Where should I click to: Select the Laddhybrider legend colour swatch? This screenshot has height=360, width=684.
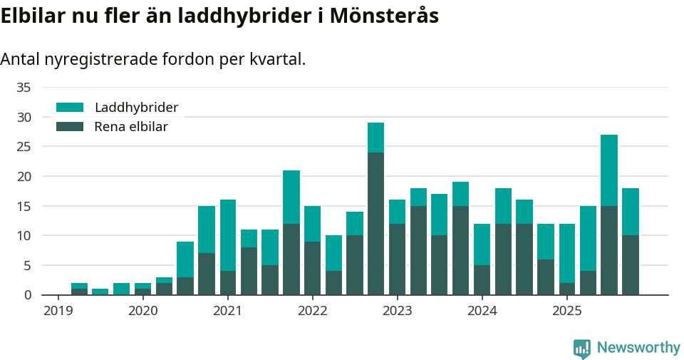tap(70, 108)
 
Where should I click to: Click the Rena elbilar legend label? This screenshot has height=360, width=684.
tap(131, 127)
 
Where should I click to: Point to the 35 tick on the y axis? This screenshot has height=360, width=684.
tap(24, 88)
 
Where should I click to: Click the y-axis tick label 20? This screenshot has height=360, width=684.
tap(24, 176)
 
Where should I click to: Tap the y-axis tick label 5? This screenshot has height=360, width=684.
tap(27, 265)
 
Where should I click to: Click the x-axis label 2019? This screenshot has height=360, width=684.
tap(58, 311)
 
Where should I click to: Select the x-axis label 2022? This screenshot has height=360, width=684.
tap(312, 311)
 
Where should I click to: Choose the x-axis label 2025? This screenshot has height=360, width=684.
tap(566, 311)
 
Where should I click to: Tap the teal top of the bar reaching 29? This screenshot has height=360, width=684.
tap(375, 138)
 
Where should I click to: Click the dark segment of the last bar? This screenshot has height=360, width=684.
tap(631, 264)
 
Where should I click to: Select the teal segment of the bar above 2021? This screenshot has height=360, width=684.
tap(228, 235)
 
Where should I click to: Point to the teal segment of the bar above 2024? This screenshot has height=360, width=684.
tap(482, 245)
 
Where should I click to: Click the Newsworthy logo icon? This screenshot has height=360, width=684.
tap(581, 348)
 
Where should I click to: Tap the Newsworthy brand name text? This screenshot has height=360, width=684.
tap(638, 348)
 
